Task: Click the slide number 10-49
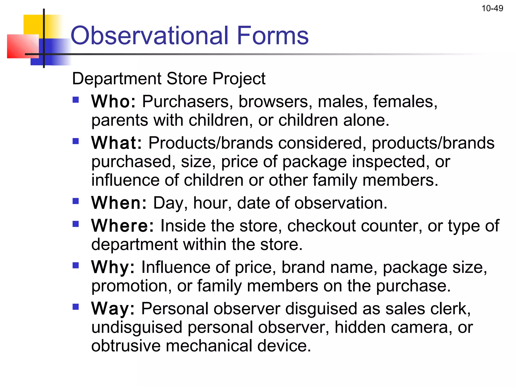click(492, 9)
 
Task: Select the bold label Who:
click(113, 102)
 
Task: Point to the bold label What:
click(116, 143)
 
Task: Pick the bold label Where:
click(122, 225)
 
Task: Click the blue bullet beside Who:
click(76, 100)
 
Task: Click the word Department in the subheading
click(117, 79)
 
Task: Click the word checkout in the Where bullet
click(321, 225)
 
